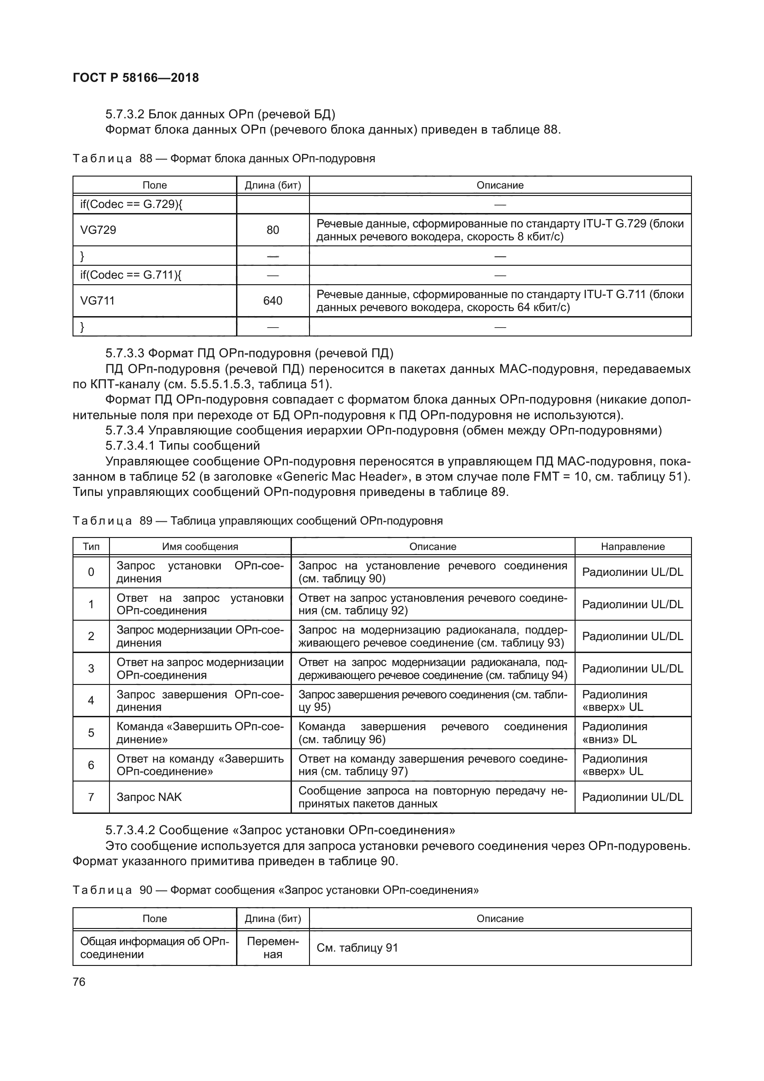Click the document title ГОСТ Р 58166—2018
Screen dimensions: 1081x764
tap(136, 78)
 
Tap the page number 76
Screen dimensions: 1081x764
tap(79, 982)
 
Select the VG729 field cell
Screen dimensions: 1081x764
tap(98, 230)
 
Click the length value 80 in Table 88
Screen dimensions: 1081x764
tap(273, 230)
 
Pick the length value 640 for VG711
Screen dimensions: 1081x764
tap(273, 300)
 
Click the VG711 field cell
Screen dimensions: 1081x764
tap(97, 300)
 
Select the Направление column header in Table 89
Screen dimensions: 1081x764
tap(632, 546)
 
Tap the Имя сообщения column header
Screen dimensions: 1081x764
tap(200, 546)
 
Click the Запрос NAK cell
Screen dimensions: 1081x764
tap(149, 797)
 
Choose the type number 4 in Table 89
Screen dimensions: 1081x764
tap(91, 701)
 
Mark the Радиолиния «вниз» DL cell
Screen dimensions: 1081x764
tap(614, 733)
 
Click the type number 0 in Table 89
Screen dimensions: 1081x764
tap(91, 572)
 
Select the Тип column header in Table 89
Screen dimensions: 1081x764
tap(91, 546)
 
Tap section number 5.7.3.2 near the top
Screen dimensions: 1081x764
tap(124, 115)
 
